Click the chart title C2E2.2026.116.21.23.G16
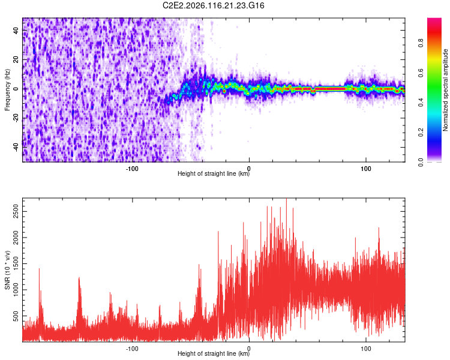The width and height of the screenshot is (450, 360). [x=214, y=5]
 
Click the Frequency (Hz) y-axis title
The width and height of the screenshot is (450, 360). [x=7, y=90]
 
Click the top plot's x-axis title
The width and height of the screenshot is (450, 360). [x=214, y=174]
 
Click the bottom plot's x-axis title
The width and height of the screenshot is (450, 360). [x=214, y=354]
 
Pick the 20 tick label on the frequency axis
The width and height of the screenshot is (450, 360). [x=16, y=59]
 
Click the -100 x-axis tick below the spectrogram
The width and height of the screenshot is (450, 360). [x=133, y=169]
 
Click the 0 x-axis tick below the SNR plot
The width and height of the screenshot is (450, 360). [x=249, y=348]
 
